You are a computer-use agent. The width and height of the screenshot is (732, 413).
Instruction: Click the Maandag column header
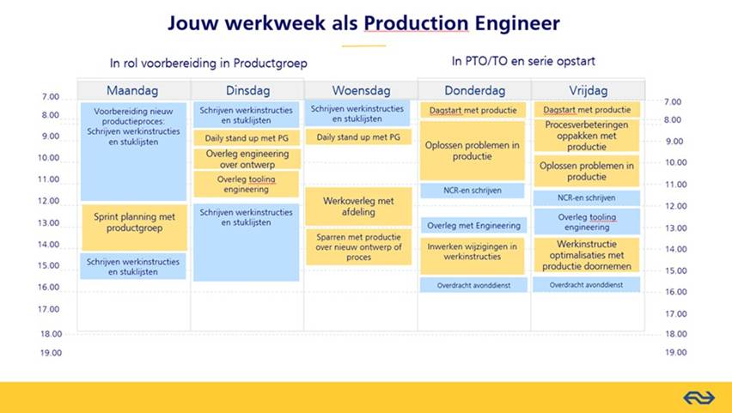tap(133, 90)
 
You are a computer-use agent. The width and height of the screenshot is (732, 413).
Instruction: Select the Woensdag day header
tap(361, 90)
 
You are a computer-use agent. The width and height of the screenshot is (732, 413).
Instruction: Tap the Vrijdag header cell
tap(589, 90)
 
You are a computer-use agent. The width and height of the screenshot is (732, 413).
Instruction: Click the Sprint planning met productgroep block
tap(134, 228)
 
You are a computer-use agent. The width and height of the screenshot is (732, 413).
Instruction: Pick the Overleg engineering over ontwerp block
tap(247, 159)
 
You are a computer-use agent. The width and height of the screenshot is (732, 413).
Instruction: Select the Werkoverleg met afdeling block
tap(358, 206)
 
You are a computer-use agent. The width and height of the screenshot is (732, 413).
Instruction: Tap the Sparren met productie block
tap(358, 247)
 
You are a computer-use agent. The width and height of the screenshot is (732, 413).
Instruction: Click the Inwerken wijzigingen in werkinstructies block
tap(473, 256)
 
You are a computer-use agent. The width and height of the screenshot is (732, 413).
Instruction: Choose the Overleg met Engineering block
tap(473, 226)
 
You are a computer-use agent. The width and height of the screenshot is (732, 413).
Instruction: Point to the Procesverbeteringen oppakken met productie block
tap(586, 136)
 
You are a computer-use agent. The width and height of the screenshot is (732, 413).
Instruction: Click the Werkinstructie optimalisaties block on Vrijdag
tap(586, 255)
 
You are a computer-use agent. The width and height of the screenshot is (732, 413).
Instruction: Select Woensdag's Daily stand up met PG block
tap(358, 137)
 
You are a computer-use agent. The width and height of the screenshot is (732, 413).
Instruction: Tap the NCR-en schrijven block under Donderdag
tap(473, 191)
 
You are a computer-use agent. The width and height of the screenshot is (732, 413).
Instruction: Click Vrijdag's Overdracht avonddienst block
tap(586, 285)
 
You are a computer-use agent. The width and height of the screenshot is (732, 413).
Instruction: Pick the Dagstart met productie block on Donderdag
tap(473, 110)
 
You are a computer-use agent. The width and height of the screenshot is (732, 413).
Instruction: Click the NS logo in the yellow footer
tap(698, 398)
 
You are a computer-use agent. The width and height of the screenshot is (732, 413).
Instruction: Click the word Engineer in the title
tap(517, 23)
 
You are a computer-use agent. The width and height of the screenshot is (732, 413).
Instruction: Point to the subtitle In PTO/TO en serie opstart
tap(523, 61)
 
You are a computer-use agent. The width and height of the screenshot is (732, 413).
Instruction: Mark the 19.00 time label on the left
tap(51, 353)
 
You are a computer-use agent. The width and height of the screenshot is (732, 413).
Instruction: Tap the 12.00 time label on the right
tap(676, 206)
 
